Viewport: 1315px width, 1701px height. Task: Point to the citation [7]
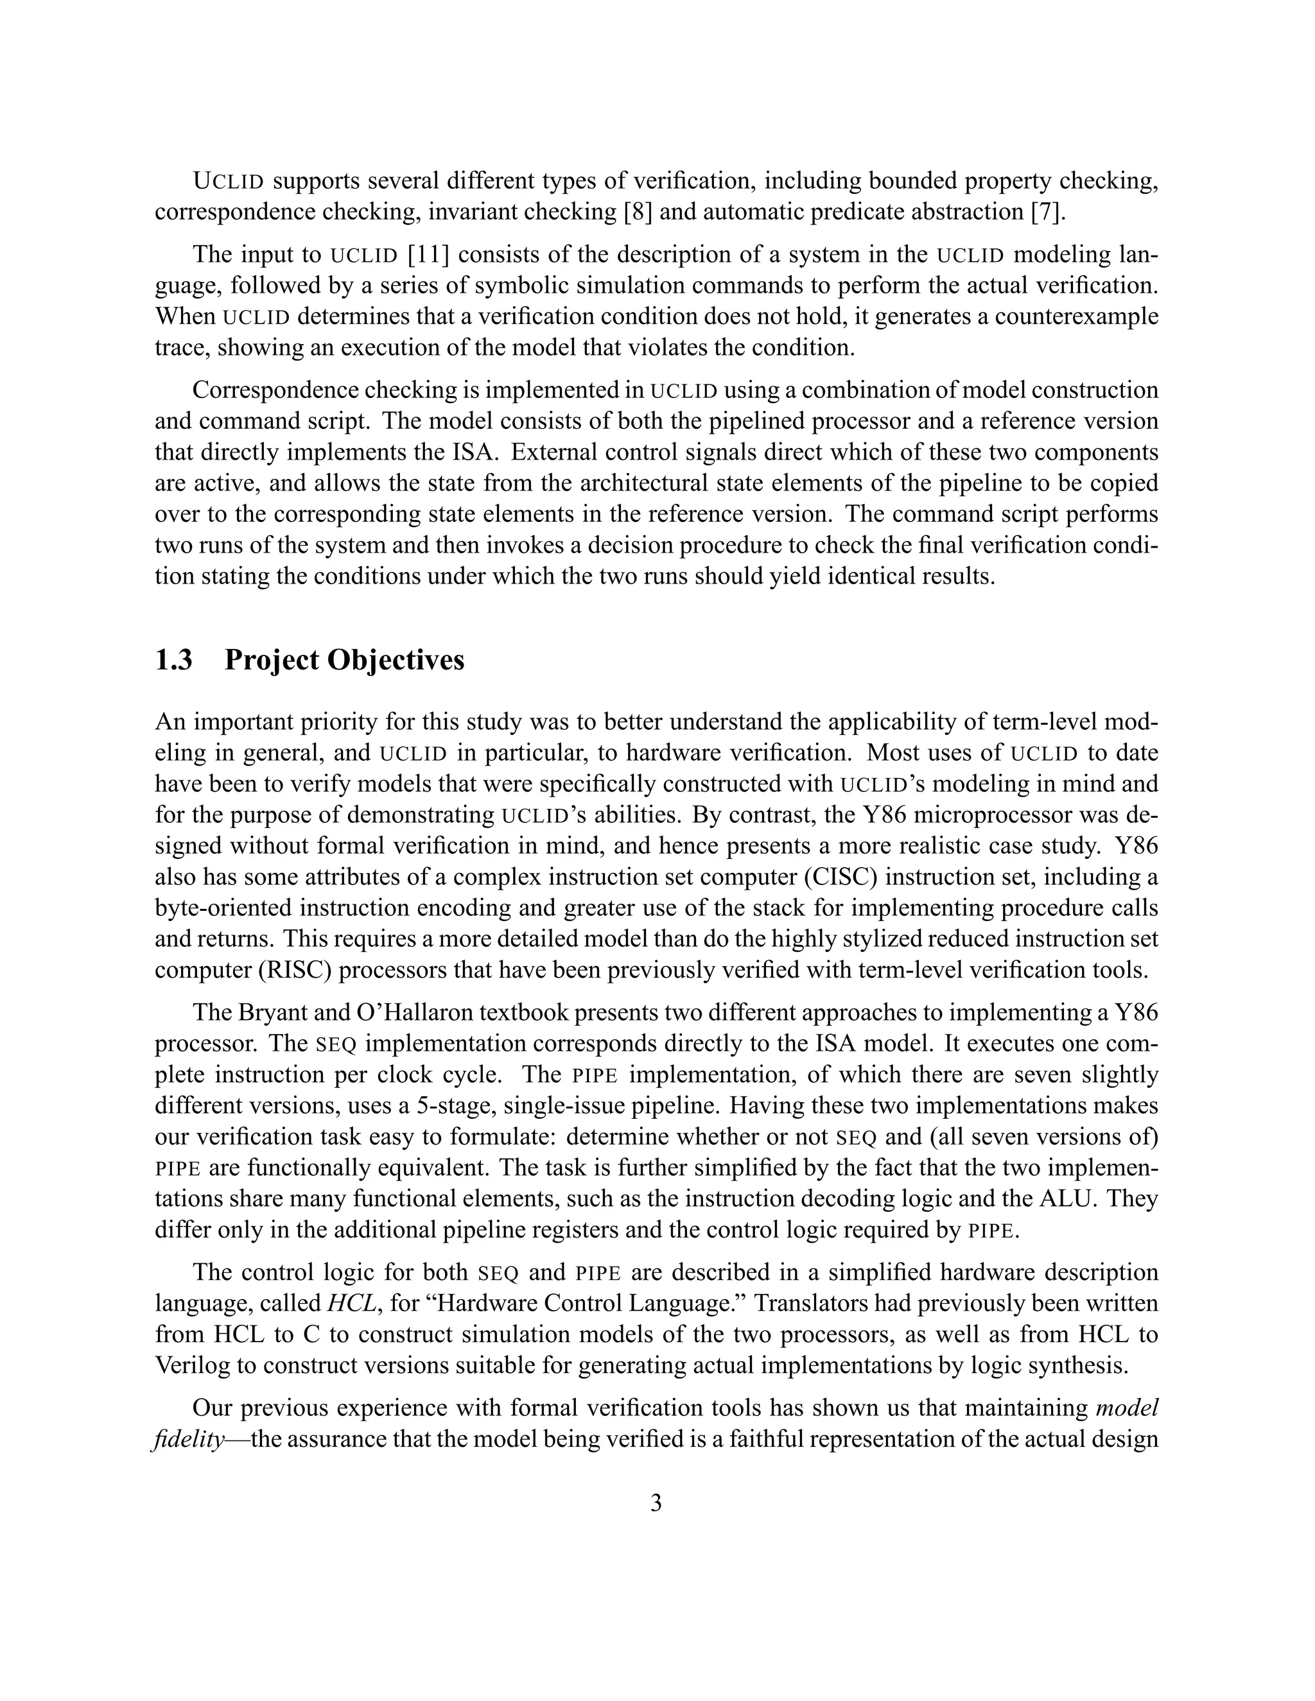click(x=1045, y=212)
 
